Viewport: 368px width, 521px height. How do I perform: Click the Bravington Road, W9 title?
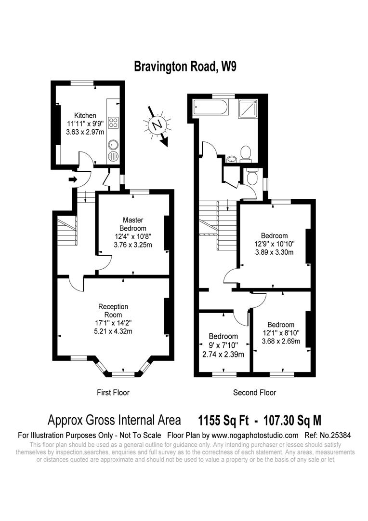185,67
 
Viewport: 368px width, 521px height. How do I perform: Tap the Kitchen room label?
85,116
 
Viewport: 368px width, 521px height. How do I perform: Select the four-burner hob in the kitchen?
114,122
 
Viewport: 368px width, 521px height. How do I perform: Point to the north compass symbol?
158,125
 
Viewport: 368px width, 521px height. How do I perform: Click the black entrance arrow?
73,179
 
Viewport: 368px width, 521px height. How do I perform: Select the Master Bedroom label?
133,224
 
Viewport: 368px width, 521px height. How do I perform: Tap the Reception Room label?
113,310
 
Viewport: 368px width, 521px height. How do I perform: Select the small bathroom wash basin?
231,160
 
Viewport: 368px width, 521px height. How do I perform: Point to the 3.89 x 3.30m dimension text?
275,252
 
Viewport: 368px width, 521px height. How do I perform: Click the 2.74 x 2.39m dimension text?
223,354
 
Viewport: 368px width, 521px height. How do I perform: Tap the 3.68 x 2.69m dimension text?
281,341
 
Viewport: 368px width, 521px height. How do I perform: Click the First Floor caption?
113,392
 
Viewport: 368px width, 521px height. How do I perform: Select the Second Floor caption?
254,392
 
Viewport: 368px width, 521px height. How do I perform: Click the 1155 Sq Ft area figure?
223,420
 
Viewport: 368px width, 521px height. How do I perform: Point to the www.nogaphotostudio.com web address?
255,435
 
